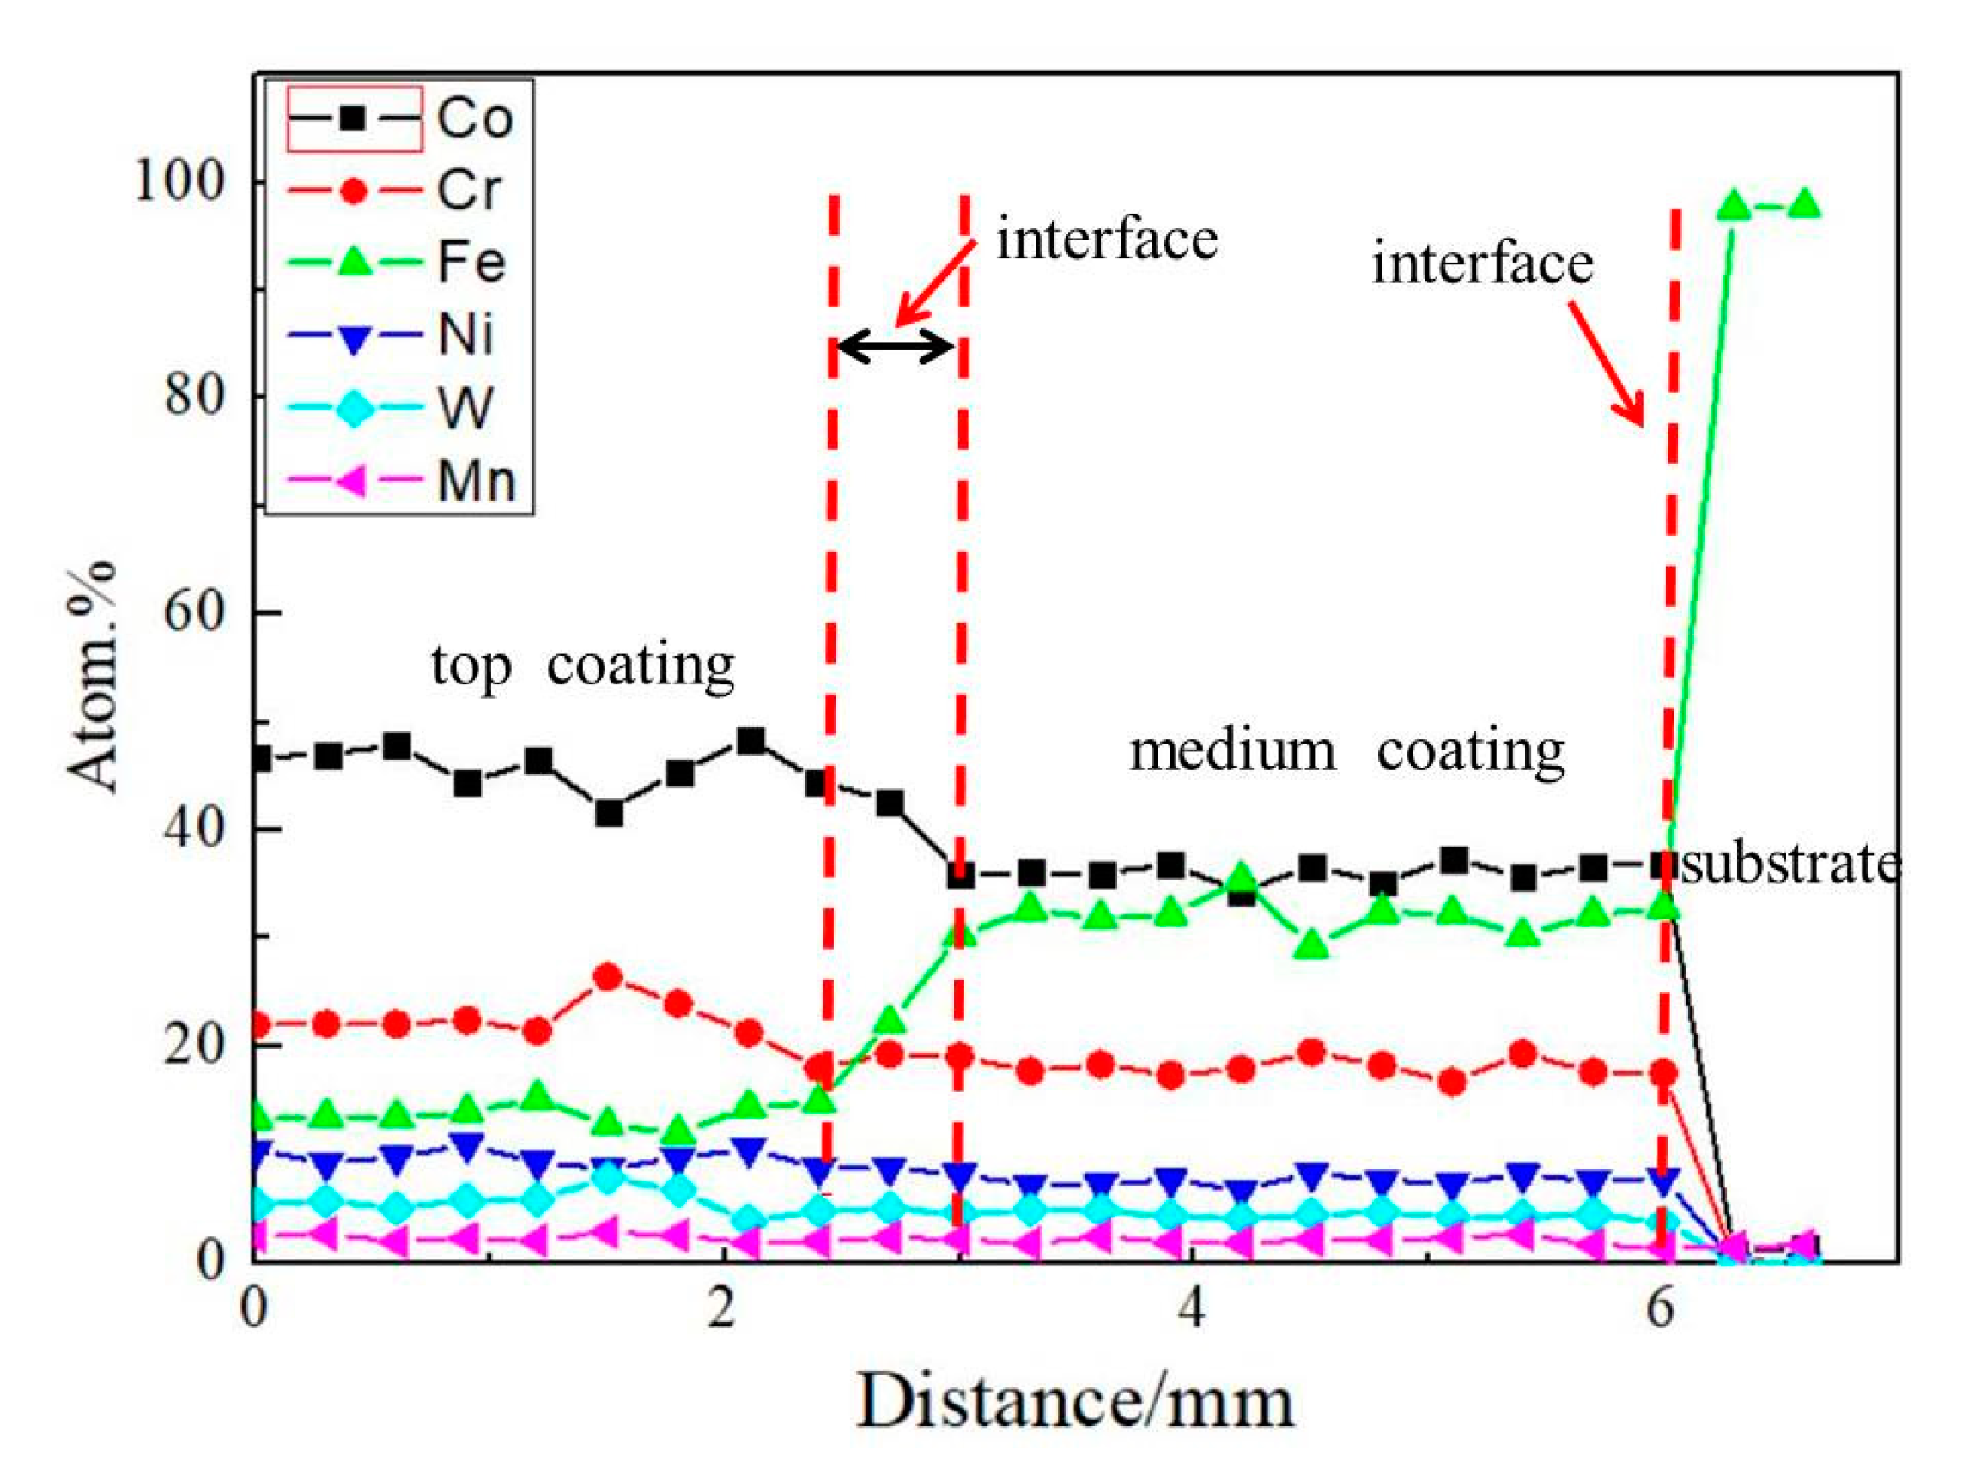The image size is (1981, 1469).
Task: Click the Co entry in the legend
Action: (400, 118)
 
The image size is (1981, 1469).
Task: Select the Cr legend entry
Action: (400, 191)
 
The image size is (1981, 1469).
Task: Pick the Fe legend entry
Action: (400, 263)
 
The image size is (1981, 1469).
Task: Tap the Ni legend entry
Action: (400, 335)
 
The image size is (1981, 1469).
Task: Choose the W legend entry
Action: (400, 408)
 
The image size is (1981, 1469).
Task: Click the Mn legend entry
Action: (400, 481)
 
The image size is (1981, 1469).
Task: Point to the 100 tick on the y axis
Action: (177, 181)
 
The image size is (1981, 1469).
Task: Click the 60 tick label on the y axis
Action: (192, 612)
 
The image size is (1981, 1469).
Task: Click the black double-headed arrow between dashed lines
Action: (896, 346)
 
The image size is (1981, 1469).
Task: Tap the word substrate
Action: (1789, 864)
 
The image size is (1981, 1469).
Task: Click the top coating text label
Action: (582, 665)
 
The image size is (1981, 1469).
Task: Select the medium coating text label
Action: (1346, 750)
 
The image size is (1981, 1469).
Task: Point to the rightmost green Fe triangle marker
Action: (1804, 205)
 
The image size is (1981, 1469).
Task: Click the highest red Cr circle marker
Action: (608, 977)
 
